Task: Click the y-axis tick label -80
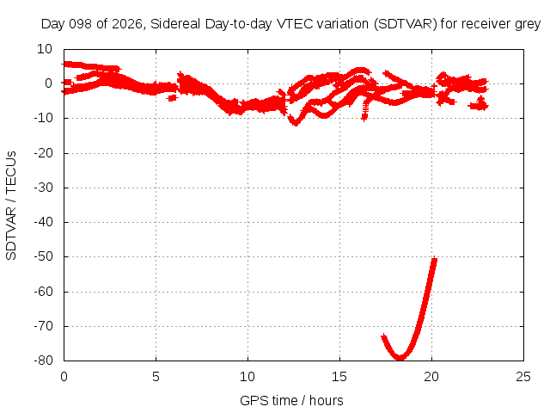[44, 361]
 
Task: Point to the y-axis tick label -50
[44, 256]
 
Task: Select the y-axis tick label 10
[45, 49]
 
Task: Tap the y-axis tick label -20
[44, 153]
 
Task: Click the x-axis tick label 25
[523, 377]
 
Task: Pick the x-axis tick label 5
[156, 377]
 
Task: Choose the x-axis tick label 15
[339, 377]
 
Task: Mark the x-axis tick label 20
[431, 377]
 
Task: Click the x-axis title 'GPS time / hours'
[291, 400]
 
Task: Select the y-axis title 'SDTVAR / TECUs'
[11, 206]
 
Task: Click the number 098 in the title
[80, 24]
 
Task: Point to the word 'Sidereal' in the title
[175, 24]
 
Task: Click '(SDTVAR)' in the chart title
[406, 24]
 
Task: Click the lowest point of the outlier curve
[400, 358]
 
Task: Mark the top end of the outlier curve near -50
[435, 259]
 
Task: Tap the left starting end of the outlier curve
[384, 336]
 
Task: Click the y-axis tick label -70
[44, 326]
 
